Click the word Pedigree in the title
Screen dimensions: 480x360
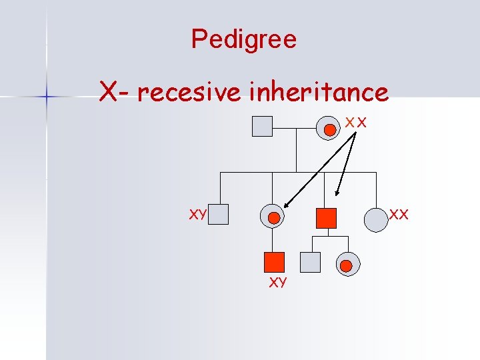(243, 39)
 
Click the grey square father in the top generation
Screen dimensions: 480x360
(263, 126)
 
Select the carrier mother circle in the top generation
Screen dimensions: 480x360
(329, 127)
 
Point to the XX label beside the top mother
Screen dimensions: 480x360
(356, 122)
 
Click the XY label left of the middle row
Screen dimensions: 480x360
(197, 215)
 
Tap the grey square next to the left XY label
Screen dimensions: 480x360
(219, 214)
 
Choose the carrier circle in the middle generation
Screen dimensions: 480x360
(273, 216)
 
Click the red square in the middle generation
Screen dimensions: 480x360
(326, 218)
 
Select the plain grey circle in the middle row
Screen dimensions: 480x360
(376, 219)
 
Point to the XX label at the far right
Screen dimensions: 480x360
(399, 215)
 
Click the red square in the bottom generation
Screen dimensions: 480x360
(273, 263)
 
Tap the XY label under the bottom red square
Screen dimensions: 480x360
(277, 283)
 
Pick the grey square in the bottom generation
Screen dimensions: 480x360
(310, 263)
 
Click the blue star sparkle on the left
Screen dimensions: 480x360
(47, 97)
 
